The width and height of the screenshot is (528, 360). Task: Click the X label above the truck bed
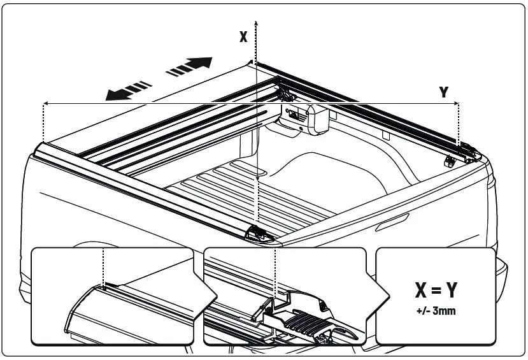point(243,37)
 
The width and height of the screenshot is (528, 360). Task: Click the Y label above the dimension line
point(444,92)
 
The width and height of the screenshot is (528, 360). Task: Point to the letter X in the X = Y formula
point(421,291)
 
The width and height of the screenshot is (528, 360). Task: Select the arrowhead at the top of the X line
point(255,22)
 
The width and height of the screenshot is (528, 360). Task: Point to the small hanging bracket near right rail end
point(449,161)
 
